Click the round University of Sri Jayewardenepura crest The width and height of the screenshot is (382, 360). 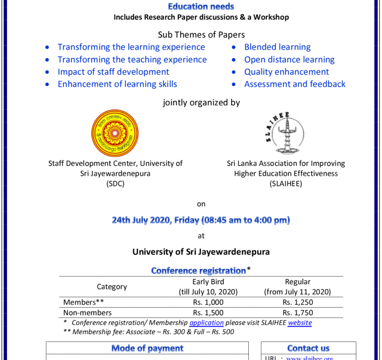pyautogui.click(x=115, y=133)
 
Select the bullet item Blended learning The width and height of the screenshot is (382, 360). pyautogui.click(x=277, y=47)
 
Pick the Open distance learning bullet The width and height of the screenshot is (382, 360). pyautogui.click(x=289, y=59)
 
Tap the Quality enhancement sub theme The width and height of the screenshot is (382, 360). pyautogui.click(x=286, y=71)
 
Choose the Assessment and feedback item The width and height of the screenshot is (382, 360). pyautogui.click(x=295, y=84)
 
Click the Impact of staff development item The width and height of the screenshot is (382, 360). pyautogui.click(x=114, y=71)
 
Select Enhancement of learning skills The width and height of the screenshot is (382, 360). pyautogui.click(x=117, y=84)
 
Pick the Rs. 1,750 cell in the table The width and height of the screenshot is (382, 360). pyautogui.click(x=297, y=313)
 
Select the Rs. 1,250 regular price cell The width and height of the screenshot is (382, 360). pyautogui.click(x=297, y=302)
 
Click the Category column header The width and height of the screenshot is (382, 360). pyautogui.click(x=112, y=287)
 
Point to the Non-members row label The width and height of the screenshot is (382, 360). pyautogui.click(x=87, y=313)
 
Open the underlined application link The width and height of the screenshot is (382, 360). pyautogui.click(x=206, y=322)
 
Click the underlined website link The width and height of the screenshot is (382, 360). pyautogui.click(x=300, y=322)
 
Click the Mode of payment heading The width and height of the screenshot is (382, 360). pyautogui.click(x=147, y=348)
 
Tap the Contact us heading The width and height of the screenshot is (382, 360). pyautogui.click(x=308, y=348)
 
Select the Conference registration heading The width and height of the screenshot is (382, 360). pyautogui.click(x=199, y=271)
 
